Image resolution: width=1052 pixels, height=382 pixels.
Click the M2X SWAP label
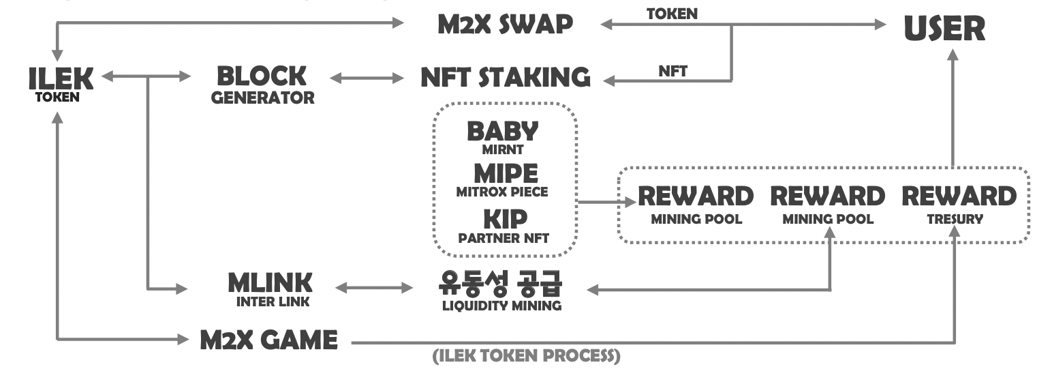coord(505,25)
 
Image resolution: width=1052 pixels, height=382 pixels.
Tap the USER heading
coord(944,29)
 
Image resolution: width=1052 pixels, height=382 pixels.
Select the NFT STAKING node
coord(505,77)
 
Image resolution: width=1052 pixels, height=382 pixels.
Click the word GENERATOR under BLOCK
coord(263,98)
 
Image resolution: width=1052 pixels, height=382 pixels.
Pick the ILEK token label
coord(61,79)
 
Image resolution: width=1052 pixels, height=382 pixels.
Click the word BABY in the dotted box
coord(503,132)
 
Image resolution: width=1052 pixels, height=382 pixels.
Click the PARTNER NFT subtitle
coord(504,239)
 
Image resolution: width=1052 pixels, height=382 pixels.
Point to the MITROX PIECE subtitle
coord(502,192)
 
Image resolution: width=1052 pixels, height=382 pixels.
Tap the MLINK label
coord(270,281)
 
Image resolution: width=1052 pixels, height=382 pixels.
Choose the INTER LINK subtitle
coord(270,301)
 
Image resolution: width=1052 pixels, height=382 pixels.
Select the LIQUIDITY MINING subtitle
coord(501,306)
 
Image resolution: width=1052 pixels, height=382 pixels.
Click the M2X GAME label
coord(269,340)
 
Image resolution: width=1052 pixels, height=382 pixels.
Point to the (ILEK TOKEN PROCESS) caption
coord(527,356)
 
